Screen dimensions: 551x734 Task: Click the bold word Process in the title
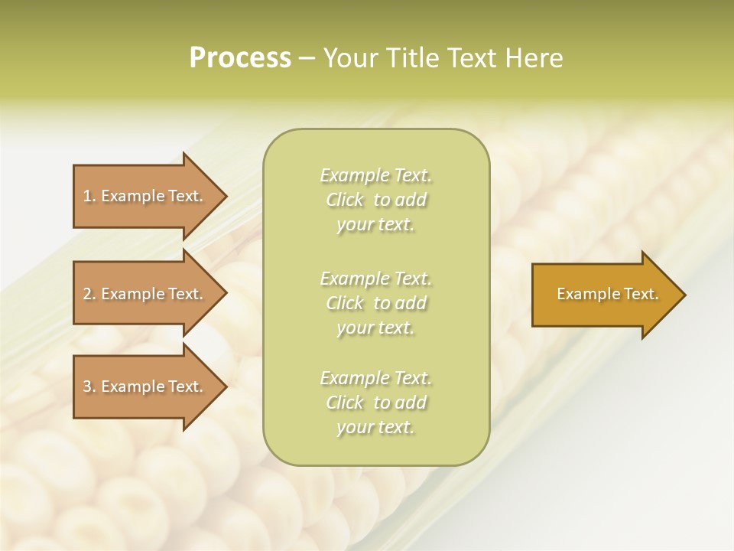click(240, 58)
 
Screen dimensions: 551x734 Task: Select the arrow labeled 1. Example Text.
click(145, 196)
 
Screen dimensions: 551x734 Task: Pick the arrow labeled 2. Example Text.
click(145, 294)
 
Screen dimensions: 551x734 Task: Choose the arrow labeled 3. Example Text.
click(145, 386)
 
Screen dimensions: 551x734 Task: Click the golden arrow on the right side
click(604, 295)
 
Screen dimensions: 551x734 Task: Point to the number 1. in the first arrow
click(89, 196)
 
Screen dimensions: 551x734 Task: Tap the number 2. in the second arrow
click(89, 294)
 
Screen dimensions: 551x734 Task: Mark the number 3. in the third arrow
click(89, 386)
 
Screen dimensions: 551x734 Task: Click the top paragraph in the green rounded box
click(375, 200)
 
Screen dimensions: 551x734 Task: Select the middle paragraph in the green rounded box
click(375, 302)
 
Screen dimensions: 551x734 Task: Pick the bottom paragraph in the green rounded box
click(375, 403)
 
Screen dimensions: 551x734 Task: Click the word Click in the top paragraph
click(345, 200)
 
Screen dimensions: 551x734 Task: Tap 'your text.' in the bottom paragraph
click(375, 428)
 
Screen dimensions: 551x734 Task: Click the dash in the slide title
click(307, 58)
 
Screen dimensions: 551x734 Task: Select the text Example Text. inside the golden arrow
click(608, 294)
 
